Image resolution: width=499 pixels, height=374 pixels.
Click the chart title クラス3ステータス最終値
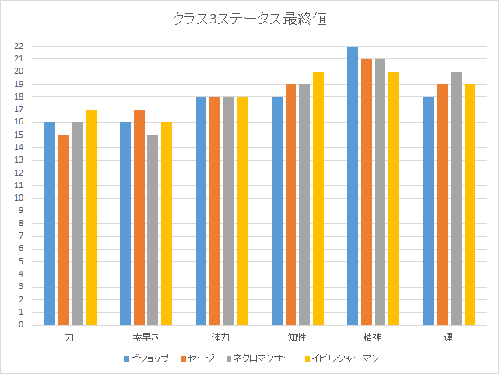[249, 19]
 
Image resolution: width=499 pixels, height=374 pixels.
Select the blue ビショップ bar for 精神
[353, 186]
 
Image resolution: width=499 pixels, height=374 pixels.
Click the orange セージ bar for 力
[63, 230]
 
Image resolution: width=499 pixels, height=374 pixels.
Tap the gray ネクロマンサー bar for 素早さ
[153, 230]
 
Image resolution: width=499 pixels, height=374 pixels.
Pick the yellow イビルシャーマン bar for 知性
[318, 198]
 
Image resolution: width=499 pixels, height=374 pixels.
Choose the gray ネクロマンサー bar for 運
[456, 198]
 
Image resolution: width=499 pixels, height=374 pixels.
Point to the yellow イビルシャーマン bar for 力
[90, 217]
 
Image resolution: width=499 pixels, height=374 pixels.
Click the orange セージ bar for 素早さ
[139, 217]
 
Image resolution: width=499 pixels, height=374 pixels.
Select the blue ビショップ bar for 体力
[201, 211]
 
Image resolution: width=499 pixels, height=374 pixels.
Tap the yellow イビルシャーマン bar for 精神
[394, 198]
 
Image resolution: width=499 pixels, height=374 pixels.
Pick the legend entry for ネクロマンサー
[258, 358]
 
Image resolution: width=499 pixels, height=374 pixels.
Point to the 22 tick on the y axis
[19, 47]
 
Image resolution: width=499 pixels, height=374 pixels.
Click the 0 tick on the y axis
[21, 325]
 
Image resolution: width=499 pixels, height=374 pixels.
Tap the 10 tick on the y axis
[19, 198]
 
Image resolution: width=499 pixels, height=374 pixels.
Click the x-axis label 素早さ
[146, 338]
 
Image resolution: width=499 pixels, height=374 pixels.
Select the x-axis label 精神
[373, 338]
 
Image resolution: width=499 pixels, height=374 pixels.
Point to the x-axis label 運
[449, 338]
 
